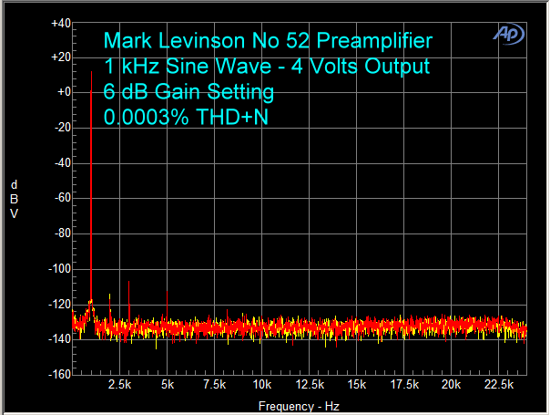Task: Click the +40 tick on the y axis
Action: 61,22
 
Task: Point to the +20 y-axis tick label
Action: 61,57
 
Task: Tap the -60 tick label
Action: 62,198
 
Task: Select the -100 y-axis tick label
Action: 60,268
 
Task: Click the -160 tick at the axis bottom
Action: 60,374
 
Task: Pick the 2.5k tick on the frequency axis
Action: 119,386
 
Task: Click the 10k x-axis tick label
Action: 261,386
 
